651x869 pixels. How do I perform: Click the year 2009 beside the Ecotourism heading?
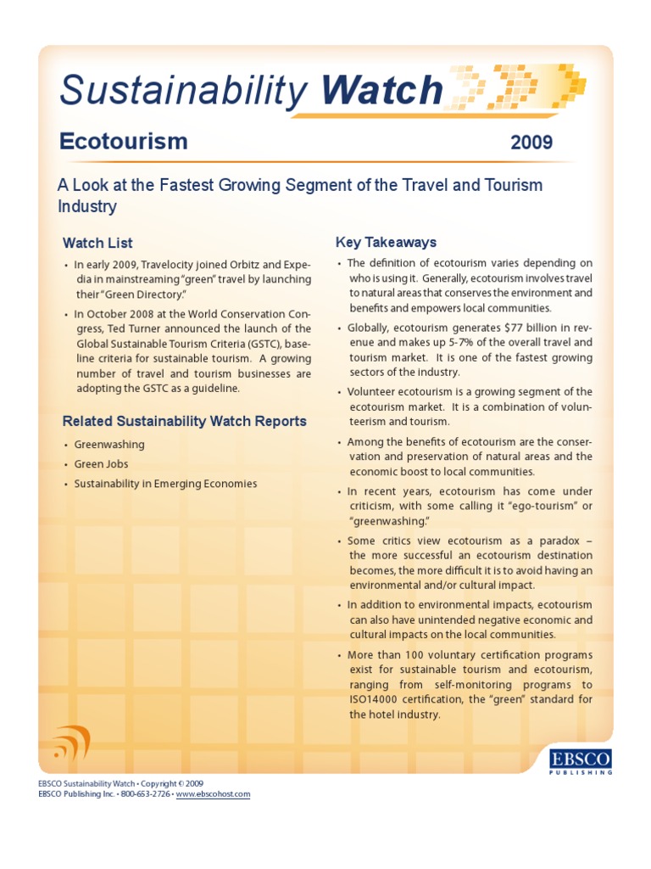pos(531,142)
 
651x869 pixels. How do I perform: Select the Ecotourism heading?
pos(124,141)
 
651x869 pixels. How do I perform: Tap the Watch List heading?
pos(97,244)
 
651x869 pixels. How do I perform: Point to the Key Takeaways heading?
pos(386,242)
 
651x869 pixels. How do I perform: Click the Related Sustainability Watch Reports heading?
pos(185,421)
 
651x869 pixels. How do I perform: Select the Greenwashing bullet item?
pos(109,445)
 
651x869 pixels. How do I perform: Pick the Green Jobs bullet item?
pos(101,464)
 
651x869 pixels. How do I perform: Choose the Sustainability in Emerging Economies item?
pos(165,484)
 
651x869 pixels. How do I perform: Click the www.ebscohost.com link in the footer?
pos(213,794)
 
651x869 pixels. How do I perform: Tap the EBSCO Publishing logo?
pos(581,760)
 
